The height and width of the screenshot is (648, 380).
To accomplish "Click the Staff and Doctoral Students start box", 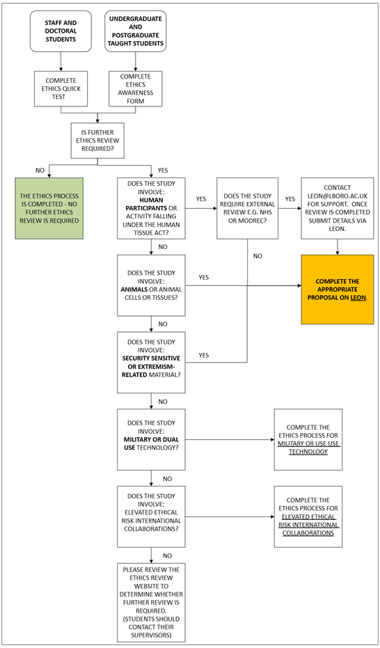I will (x=61, y=31).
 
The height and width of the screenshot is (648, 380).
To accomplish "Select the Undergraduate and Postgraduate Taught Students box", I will (x=135, y=31).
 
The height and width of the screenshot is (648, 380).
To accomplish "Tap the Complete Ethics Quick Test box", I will (x=61, y=88).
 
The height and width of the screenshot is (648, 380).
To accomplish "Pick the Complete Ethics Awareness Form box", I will (x=135, y=88).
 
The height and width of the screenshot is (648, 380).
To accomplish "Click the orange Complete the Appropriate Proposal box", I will (x=337, y=289).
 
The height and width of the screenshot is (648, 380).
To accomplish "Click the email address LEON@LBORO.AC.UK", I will (x=337, y=196).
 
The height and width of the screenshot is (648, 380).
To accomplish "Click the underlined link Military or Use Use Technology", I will (x=308, y=447).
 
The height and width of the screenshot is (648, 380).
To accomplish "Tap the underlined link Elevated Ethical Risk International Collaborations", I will (x=308, y=524).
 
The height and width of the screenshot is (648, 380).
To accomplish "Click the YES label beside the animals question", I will (x=204, y=277).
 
